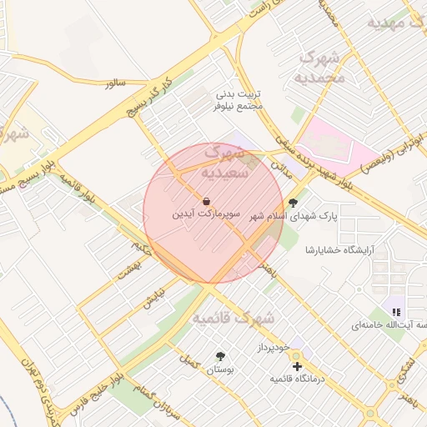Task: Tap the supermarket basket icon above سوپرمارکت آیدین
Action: pyautogui.click(x=206, y=201)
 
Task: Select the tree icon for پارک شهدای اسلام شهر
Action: pyautogui.click(x=292, y=202)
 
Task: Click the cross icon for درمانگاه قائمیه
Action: pyautogui.click(x=297, y=366)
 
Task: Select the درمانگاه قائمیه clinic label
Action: pyautogui.click(x=297, y=379)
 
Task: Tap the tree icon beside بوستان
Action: pyautogui.click(x=220, y=356)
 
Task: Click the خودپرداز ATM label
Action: pyautogui.click(x=272, y=344)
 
